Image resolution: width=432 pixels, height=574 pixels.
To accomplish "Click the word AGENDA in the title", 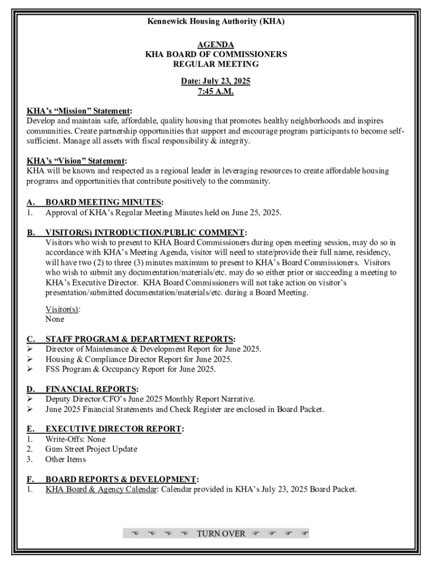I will [216, 45].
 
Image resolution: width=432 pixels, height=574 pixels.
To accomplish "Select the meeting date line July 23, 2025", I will [215, 81].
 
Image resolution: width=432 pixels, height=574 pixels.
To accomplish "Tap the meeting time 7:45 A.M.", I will [215, 91].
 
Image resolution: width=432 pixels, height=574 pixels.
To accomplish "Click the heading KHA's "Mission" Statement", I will [79, 111].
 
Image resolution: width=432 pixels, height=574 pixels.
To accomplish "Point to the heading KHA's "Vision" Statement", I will [76, 161].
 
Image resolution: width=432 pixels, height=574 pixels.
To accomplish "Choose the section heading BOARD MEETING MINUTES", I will [104, 202].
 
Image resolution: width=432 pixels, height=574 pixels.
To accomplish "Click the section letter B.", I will [31, 233].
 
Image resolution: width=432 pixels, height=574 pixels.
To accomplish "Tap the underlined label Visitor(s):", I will [62, 309].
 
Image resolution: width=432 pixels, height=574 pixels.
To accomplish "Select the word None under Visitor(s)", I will [55, 319].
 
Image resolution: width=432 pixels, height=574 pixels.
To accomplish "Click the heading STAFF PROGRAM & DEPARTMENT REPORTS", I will [140, 339].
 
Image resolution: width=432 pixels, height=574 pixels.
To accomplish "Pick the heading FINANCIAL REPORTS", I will [91, 389].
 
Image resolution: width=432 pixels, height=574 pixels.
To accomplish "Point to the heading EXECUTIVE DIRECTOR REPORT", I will [114, 429].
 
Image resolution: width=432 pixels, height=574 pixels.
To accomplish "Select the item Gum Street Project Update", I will [91, 449].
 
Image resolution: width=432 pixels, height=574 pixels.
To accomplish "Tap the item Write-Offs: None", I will [75, 439].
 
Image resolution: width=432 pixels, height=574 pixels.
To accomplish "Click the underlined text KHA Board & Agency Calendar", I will [100, 489].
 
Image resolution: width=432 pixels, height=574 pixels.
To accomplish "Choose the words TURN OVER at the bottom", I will [220, 533].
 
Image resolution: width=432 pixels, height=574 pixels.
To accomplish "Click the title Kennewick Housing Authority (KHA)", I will [216, 21].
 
